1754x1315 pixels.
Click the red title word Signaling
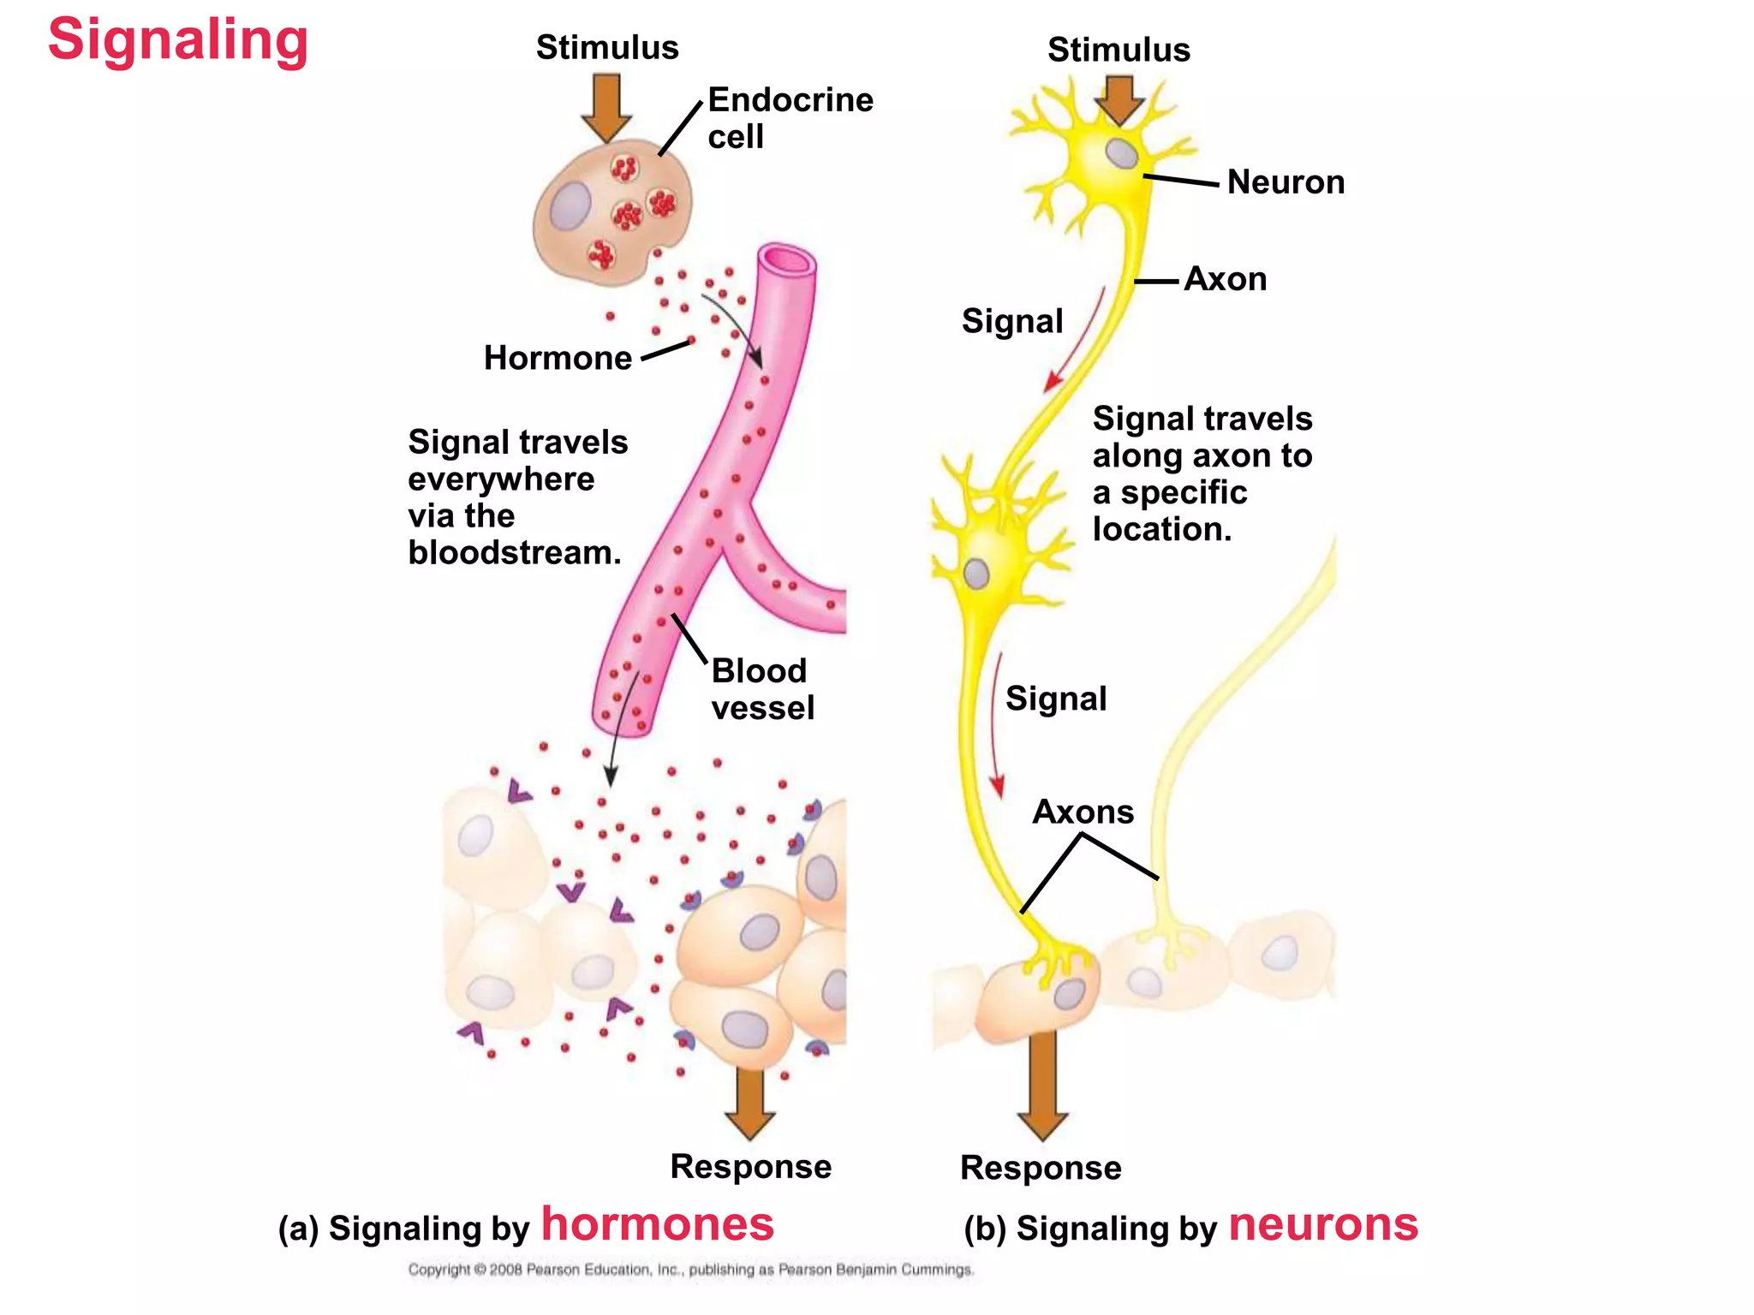(x=178, y=41)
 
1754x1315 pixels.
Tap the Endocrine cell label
(x=790, y=118)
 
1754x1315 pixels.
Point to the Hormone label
(x=558, y=358)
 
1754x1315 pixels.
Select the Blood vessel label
(x=762, y=689)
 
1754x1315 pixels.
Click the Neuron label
(x=1286, y=182)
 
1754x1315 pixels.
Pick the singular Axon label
(x=1226, y=279)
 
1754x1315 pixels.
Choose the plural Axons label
(x=1083, y=812)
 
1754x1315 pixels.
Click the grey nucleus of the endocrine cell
(x=570, y=205)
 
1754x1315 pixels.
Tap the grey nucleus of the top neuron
(x=1121, y=153)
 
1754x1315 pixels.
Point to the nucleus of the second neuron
(x=976, y=574)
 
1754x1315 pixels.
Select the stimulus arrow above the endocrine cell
(x=606, y=108)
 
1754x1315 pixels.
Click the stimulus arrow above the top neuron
(x=1119, y=101)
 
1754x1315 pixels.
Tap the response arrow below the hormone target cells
(x=749, y=1104)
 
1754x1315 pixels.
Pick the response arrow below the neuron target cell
(x=1042, y=1086)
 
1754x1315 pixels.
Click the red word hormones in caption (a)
(x=658, y=1224)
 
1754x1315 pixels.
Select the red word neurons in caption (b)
(x=1323, y=1225)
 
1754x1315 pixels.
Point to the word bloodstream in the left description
(x=515, y=553)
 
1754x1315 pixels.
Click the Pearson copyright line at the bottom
(x=691, y=1270)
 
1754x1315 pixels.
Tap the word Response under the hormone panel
(x=750, y=1167)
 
